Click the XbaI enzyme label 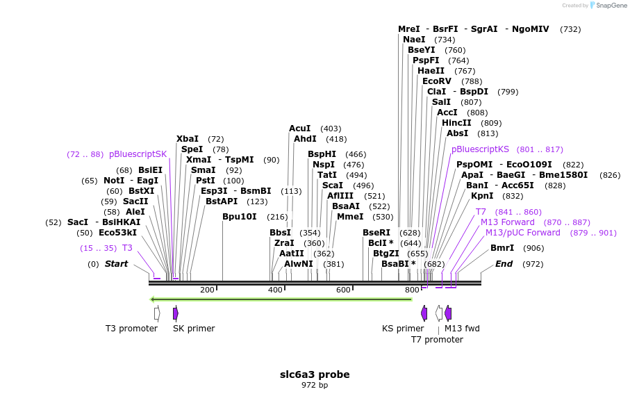coord(188,139)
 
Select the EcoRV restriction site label coord(437,81)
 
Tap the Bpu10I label coord(240,217)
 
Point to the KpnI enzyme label coord(482,196)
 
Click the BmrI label coord(502,248)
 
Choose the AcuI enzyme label coord(300,129)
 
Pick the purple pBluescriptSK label coord(138,154)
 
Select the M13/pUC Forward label coord(522,233)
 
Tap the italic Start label coord(117,264)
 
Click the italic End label coord(504,264)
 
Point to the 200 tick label coord(207,290)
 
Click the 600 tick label coord(343,290)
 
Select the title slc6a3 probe coord(315,374)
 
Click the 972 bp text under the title coord(315,385)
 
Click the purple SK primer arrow coord(176,313)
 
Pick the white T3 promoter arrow coord(157,313)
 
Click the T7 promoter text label coord(437,340)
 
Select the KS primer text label coord(403,329)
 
